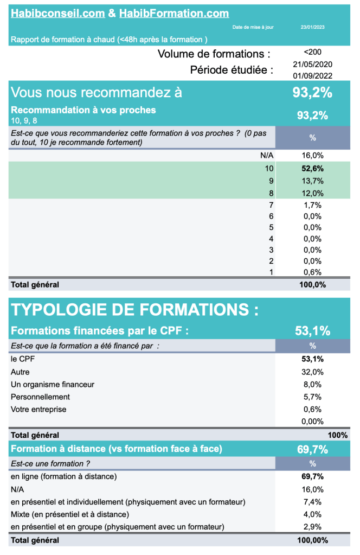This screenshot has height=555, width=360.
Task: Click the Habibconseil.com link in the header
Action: coord(57,14)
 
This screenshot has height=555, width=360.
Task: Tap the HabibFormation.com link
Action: coord(173,14)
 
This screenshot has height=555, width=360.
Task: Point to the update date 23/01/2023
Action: coord(312,27)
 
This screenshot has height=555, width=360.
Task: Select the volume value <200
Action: coord(312,52)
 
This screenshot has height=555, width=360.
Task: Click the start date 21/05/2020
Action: coord(312,64)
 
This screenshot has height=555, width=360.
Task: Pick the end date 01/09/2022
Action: coord(312,76)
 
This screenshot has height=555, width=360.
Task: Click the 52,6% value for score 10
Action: coord(312,168)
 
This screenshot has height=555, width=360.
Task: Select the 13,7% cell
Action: coord(312,181)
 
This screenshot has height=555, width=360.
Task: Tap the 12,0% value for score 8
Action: coord(312,193)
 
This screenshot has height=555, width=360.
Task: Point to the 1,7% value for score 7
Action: coord(312,205)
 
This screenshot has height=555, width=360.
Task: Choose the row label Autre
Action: coord(20,372)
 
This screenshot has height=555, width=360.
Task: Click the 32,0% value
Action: coord(312,372)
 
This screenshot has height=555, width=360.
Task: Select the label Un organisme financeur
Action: coord(53,384)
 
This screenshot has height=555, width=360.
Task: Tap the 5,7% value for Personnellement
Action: coord(312,397)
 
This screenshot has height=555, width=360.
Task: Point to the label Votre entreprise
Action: coord(38,409)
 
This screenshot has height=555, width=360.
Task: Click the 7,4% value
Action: coord(312,501)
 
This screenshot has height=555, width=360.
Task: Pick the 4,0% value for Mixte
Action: coord(312,514)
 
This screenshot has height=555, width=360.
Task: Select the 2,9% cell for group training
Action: coord(312,526)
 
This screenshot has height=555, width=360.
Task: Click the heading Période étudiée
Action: coord(232,70)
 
